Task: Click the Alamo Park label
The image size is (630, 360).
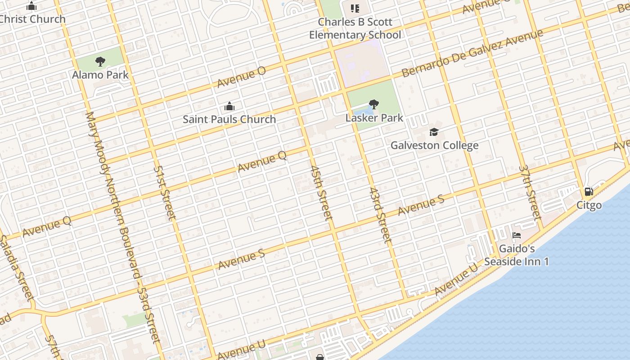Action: point(100,75)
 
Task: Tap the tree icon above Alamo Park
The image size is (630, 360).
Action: point(100,61)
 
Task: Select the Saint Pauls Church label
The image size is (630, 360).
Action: point(229,119)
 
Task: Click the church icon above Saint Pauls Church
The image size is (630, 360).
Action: point(229,107)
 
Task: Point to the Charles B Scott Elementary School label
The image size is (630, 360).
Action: point(355,28)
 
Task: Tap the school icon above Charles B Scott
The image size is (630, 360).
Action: point(355,8)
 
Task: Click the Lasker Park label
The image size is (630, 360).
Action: point(374,118)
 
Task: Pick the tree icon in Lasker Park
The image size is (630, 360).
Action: point(373,104)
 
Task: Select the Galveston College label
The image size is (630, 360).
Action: point(434,145)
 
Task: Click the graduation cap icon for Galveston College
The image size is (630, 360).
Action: point(434,132)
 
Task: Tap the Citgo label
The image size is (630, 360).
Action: point(589,205)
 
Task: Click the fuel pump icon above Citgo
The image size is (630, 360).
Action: point(589,192)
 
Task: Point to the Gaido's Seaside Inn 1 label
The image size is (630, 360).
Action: point(517,255)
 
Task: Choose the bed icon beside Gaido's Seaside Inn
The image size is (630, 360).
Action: point(517,235)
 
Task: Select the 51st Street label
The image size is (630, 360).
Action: point(164,193)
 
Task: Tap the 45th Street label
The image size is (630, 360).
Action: point(321,193)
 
